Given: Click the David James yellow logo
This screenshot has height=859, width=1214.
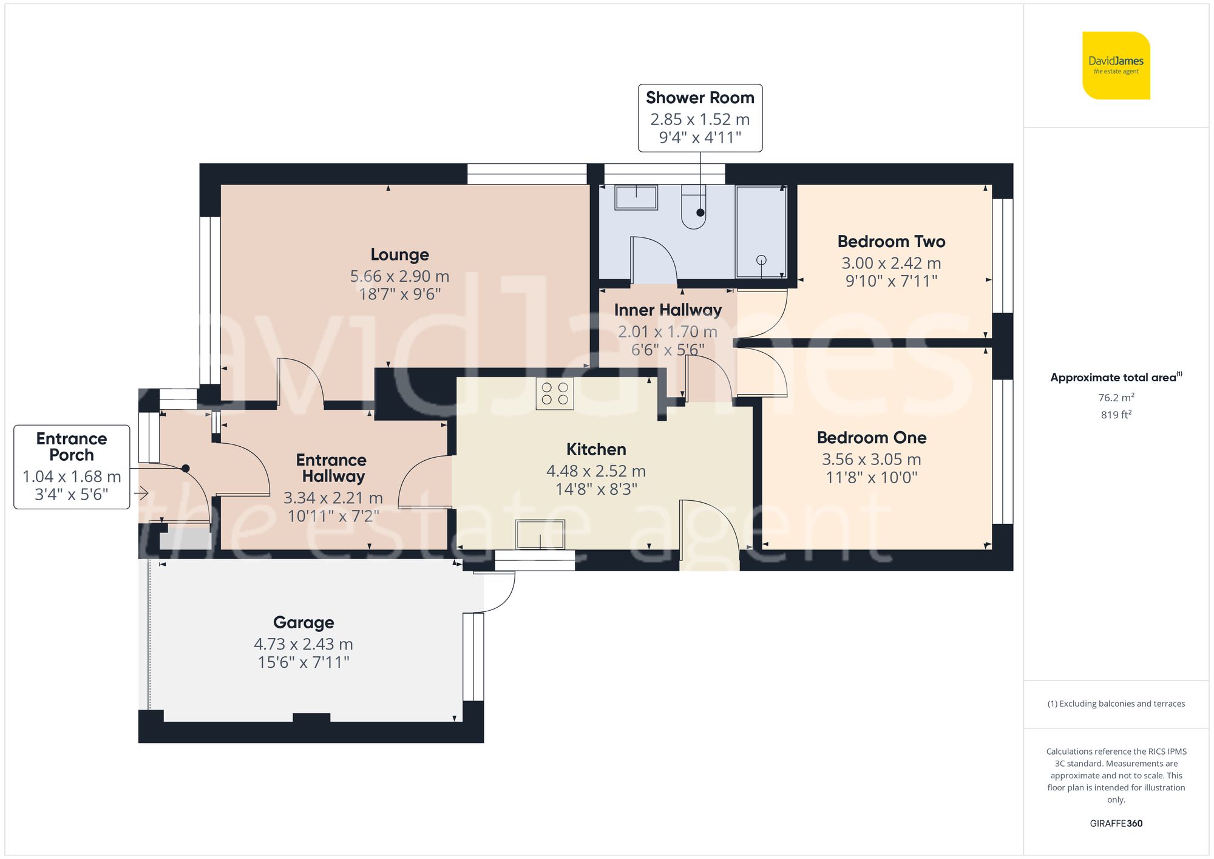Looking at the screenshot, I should [x=1116, y=66].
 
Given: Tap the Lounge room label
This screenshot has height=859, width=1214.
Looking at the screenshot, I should [x=399, y=255].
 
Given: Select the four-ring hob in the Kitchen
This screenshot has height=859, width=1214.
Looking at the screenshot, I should [x=555, y=393].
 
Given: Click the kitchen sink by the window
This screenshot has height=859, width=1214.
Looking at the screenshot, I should [x=540, y=534].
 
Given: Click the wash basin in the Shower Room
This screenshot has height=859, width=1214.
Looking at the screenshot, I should [x=636, y=197].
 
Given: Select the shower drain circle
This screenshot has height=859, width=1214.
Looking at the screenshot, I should [x=761, y=260].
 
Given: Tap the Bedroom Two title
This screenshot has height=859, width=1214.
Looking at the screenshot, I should [x=891, y=242].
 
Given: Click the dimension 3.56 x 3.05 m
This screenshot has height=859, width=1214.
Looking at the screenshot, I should [x=871, y=460].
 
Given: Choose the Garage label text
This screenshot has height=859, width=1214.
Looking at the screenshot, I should [x=303, y=623].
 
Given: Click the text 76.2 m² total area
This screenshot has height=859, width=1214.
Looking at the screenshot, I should [x=1116, y=398].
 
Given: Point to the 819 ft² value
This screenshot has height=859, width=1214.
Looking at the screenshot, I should [x=1116, y=415].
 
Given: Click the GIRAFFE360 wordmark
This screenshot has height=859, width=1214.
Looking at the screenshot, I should [x=1116, y=824].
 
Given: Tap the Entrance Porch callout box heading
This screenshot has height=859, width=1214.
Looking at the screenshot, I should [x=72, y=447].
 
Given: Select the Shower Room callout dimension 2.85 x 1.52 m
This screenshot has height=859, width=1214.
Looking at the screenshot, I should [x=700, y=120].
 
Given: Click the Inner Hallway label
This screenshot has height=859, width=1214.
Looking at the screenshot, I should [x=668, y=310].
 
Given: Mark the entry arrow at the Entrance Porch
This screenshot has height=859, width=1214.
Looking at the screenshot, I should [x=141, y=494].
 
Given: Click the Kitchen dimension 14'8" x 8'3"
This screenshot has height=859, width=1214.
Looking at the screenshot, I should [x=596, y=489].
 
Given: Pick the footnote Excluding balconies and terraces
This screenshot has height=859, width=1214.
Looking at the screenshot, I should [x=1116, y=704].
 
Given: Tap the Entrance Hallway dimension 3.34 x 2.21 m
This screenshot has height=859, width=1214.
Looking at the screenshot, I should [x=333, y=498].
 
